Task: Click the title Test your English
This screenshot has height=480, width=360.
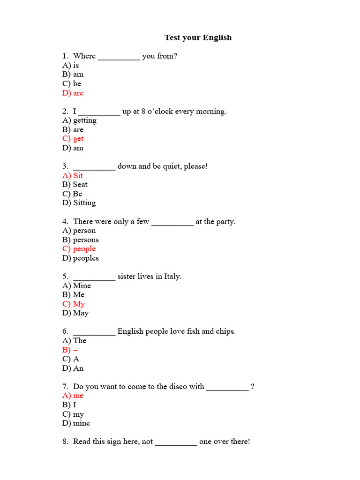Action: (x=198, y=37)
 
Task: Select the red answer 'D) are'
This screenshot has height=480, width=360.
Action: (x=73, y=93)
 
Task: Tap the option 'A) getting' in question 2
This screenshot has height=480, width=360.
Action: (x=79, y=120)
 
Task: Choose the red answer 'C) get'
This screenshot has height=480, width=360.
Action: (x=73, y=139)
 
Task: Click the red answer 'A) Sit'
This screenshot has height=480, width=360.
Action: (x=73, y=175)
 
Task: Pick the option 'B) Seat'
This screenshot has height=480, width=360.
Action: (x=75, y=184)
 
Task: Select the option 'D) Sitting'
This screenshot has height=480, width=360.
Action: (x=79, y=203)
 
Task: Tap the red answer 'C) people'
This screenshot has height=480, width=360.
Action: (x=79, y=249)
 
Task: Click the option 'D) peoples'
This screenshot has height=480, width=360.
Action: (x=80, y=258)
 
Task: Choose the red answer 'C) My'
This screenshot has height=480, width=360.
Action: (x=74, y=304)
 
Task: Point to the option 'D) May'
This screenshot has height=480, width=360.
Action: (x=75, y=313)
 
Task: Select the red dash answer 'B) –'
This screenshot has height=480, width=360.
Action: (x=70, y=350)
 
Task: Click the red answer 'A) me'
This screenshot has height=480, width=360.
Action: (x=73, y=396)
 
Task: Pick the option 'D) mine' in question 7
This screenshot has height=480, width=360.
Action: (x=76, y=423)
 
